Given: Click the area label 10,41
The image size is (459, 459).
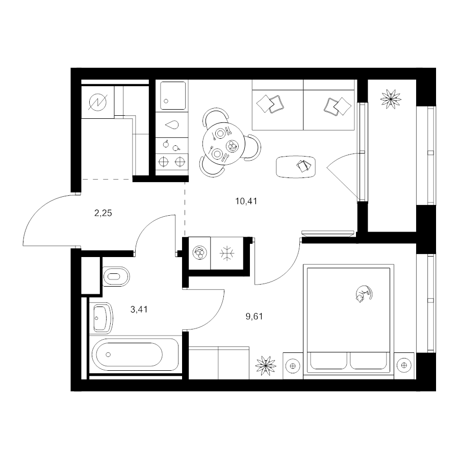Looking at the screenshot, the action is (246, 201).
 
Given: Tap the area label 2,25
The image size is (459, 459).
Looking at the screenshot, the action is (103, 213).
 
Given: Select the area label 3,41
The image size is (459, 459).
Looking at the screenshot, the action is (139, 310).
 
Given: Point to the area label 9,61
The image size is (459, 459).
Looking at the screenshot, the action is (254, 316).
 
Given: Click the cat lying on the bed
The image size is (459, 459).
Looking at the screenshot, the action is (364, 294).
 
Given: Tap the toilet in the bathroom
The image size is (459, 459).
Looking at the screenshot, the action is (116, 276).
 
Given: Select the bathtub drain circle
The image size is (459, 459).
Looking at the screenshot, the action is (108, 354).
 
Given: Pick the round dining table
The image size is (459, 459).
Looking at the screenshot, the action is (223, 144).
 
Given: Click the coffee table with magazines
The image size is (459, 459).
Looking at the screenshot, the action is (296, 167).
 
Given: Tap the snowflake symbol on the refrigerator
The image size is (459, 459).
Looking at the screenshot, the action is (227, 253).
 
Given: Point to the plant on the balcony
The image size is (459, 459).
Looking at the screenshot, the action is (391, 99).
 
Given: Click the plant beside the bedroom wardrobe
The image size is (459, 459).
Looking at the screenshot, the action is (266, 365).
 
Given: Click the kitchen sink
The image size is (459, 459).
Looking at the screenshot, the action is (173, 96).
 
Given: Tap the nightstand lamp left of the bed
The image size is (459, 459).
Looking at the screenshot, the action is (293, 366).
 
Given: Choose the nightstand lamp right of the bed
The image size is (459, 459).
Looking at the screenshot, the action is (404, 365).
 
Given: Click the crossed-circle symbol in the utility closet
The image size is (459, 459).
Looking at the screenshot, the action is (98, 102).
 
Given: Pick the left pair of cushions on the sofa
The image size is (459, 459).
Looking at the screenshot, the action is (270, 104).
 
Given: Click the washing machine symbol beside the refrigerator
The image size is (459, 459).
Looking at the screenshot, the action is (199, 253).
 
